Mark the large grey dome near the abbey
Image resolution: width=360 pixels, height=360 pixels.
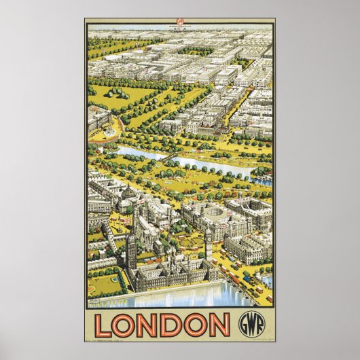tap(129, 197)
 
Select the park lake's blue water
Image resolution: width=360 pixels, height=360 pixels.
tap(204, 163)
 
